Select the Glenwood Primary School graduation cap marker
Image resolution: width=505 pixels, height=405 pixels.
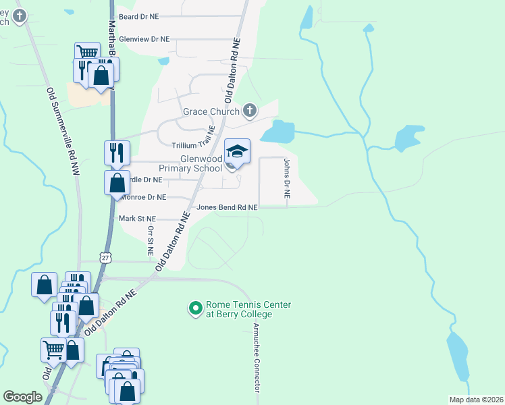237,151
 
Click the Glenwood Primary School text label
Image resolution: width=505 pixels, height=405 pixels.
190,163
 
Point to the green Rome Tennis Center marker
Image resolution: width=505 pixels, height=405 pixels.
195,309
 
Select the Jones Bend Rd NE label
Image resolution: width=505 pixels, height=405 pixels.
227,207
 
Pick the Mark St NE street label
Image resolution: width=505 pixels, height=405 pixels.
137,219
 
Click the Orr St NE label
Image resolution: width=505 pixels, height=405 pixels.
151,240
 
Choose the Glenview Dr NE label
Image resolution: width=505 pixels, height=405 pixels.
144,40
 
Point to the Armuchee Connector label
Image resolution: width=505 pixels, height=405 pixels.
257,357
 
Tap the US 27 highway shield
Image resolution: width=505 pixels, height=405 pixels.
104,257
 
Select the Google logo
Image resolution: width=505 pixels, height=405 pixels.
22,397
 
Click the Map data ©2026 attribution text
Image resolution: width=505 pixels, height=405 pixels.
476,400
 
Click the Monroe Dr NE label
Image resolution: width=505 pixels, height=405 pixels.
143,197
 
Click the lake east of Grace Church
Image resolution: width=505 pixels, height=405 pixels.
277,131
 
